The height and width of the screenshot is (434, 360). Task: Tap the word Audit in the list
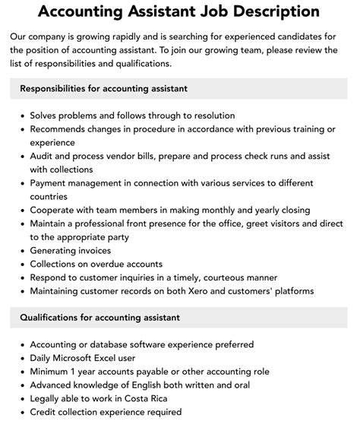point(43,156)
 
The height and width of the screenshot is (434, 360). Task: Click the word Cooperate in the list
point(55,210)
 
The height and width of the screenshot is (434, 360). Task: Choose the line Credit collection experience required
point(106,411)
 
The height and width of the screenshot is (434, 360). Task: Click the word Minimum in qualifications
point(52,370)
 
